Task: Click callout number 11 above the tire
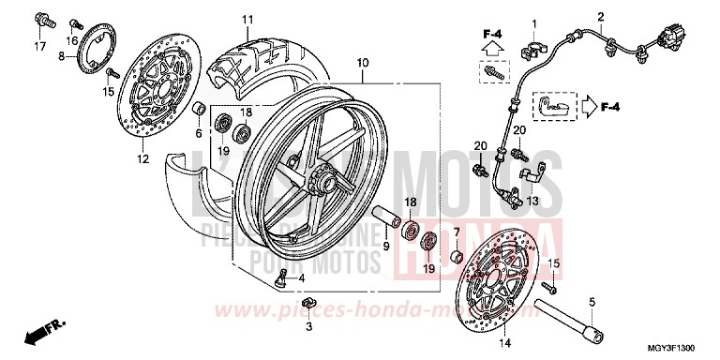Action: pos(247,20)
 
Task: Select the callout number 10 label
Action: pos(362,63)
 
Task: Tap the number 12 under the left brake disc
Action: pos(142,159)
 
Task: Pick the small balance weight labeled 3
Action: pos(313,304)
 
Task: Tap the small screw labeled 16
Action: pos(78,21)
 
